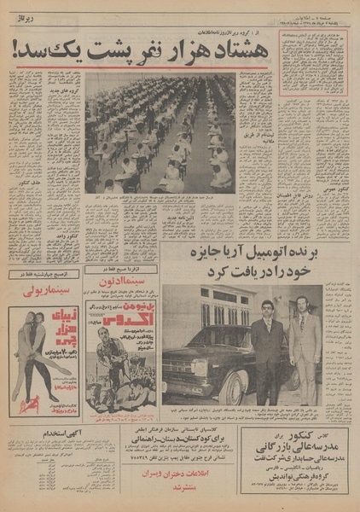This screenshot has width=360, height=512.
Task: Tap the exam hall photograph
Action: (x=160, y=134)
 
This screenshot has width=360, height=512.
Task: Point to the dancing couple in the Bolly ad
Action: (x=27, y=358)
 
